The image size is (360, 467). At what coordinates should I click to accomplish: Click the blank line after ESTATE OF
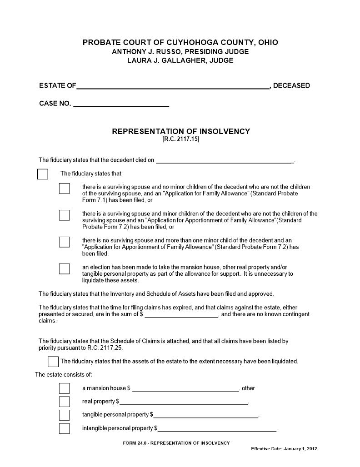pyautogui.click(x=173, y=86)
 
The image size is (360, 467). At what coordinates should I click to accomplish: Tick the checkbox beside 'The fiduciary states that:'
pyautogui.click(x=43, y=174)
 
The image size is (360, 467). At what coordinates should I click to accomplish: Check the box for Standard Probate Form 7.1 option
pyautogui.click(x=64, y=188)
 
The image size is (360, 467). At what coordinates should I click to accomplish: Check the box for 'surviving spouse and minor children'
pyautogui.click(x=64, y=215)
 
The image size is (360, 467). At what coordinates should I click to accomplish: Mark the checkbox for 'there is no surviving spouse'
pyautogui.click(x=64, y=242)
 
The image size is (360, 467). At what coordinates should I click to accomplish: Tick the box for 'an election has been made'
pyautogui.click(x=64, y=268)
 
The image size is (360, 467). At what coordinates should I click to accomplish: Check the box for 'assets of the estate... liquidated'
pyautogui.click(x=53, y=362)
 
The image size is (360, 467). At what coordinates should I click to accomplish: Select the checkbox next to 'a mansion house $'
pyautogui.click(x=64, y=388)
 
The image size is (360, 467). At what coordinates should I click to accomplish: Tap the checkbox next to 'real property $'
pyautogui.click(x=64, y=402)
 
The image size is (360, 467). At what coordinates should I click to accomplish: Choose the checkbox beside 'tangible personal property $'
pyautogui.click(x=64, y=415)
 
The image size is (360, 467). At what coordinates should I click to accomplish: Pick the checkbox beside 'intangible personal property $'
pyautogui.click(x=64, y=428)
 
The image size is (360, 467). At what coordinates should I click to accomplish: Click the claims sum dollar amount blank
pyautogui.click(x=181, y=314)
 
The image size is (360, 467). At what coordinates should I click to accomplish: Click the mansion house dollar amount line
pyautogui.click(x=185, y=389)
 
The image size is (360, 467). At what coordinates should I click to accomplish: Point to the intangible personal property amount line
pyautogui.click(x=217, y=429)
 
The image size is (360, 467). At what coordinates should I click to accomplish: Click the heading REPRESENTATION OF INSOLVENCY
pyautogui.click(x=181, y=131)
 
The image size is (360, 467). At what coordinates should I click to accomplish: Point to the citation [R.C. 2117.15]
pyautogui.click(x=181, y=139)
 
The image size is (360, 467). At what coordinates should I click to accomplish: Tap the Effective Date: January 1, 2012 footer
pyautogui.click(x=284, y=448)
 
